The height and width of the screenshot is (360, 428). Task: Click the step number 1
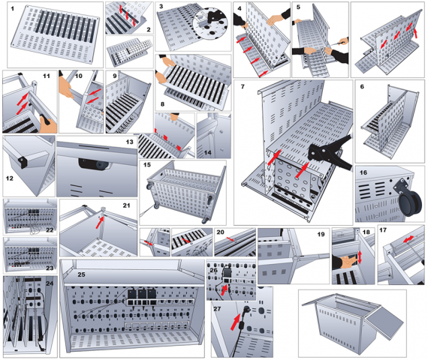12,9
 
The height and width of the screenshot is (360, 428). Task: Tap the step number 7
243,87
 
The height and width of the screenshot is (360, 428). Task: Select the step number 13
129,142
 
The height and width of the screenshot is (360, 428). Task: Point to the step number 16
363,172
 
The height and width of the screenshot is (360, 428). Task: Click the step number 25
81,274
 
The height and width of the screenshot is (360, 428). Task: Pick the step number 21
126,205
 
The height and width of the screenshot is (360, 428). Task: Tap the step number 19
321,234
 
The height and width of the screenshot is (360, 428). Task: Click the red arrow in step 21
100,222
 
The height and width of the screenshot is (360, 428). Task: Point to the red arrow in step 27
236,322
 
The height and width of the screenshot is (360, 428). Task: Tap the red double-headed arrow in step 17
408,239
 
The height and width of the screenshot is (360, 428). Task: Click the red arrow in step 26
225,290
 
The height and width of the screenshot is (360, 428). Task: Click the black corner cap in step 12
23,162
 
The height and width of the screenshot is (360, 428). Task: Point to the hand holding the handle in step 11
48,124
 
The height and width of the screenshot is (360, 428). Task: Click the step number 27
217,309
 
